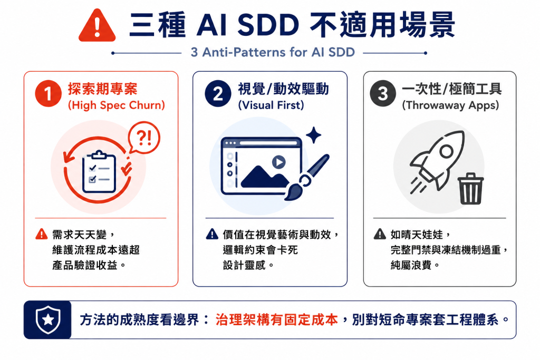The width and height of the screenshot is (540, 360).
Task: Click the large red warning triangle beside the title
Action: [97, 26]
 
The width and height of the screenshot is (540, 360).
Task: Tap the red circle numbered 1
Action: [48, 94]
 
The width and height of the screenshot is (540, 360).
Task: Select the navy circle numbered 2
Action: [218, 94]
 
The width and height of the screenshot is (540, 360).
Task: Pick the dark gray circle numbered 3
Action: [383, 94]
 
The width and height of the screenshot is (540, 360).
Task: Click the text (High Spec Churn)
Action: [117, 105]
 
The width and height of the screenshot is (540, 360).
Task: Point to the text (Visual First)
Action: [271, 105]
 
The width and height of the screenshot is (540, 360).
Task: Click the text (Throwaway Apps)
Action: [450, 105]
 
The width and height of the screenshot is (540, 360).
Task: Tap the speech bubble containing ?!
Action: [144, 138]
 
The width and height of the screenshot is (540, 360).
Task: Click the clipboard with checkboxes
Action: [99, 171]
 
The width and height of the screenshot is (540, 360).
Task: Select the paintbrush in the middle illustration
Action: [306, 178]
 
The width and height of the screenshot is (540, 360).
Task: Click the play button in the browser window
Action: [278, 162]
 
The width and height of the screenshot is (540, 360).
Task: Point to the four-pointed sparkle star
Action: [313, 135]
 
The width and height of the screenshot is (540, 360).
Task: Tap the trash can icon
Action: [470, 189]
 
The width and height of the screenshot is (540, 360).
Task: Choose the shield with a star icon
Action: [48, 320]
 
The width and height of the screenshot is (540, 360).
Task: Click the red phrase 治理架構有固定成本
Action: [277, 320]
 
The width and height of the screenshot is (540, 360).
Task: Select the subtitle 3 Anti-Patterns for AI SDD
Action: [273, 52]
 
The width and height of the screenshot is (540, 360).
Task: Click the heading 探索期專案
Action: [103, 89]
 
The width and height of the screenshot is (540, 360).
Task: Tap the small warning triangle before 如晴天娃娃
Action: [380, 234]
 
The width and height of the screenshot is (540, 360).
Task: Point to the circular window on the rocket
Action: [446, 151]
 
